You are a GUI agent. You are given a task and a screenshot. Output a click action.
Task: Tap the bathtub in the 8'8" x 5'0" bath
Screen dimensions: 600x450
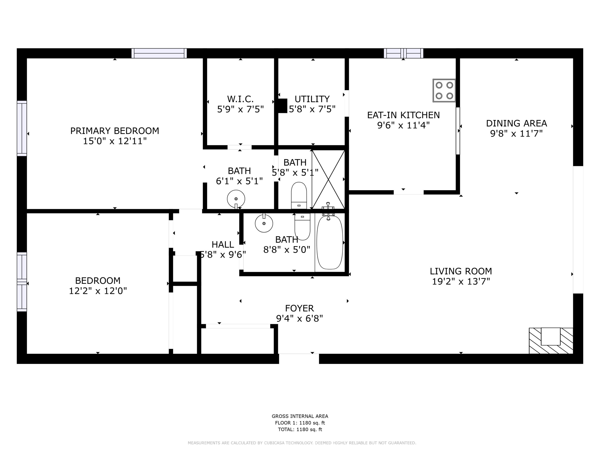tap(330, 242)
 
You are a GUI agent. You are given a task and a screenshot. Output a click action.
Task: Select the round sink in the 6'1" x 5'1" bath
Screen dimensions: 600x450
tap(236, 199)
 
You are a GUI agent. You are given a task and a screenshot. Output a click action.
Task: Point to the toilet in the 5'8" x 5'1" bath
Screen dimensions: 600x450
tap(299, 195)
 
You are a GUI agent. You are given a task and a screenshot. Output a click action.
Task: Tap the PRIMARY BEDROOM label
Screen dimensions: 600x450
tap(115, 131)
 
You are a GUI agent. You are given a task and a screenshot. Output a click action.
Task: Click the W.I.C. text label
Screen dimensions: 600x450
tap(240, 99)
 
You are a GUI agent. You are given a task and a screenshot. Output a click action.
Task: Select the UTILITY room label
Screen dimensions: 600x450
tap(312, 99)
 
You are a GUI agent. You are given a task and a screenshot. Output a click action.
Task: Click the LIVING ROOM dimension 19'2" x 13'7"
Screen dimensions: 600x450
tap(461, 281)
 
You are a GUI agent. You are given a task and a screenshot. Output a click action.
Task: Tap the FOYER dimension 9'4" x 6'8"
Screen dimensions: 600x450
tap(300, 319)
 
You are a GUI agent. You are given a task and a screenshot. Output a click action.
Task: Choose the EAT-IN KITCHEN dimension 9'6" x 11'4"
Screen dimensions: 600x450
tap(403, 125)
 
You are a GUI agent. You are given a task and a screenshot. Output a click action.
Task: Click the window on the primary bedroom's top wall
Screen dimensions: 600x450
tap(159, 53)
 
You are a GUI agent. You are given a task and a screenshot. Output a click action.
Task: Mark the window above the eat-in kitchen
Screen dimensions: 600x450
tap(403, 53)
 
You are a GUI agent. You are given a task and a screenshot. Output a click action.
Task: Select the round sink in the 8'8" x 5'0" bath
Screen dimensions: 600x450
tap(264, 223)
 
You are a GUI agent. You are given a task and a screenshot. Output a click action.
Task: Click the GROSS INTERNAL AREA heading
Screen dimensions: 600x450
tap(300, 416)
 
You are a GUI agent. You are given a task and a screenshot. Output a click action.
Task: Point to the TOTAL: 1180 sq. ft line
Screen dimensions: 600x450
tap(300, 429)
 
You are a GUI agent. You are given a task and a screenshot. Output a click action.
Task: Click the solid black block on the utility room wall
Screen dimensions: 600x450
tap(282, 106)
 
